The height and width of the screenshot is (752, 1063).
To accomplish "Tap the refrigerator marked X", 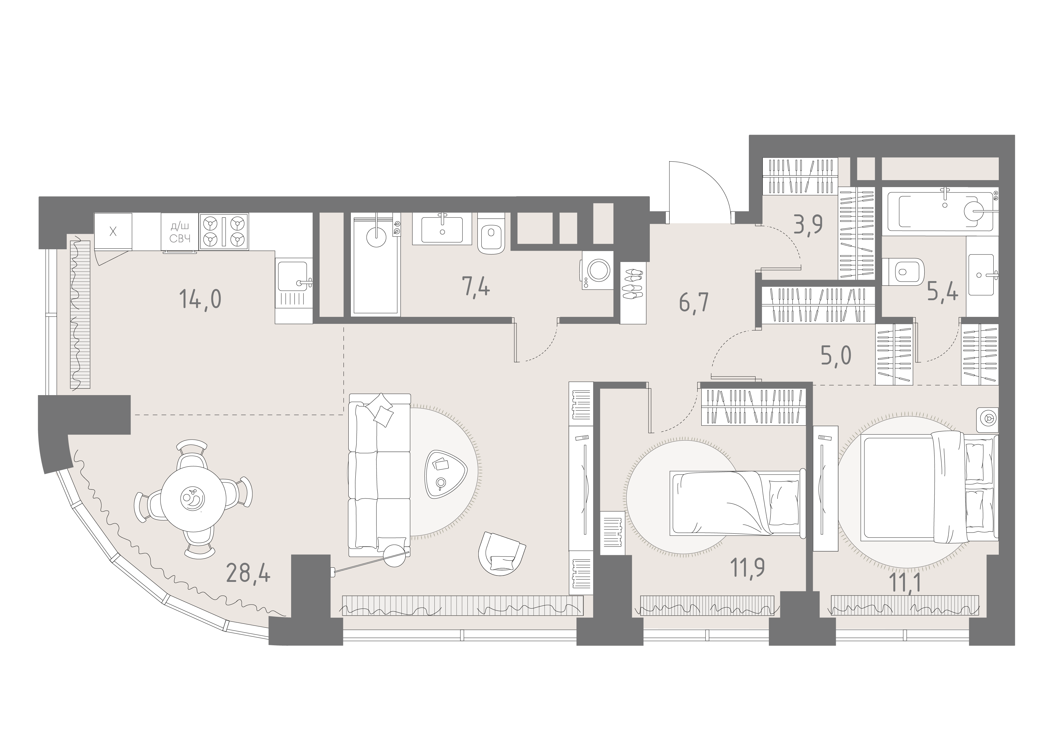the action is [x=113, y=232].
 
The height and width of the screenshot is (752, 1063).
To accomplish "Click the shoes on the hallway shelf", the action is [x=633, y=284].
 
